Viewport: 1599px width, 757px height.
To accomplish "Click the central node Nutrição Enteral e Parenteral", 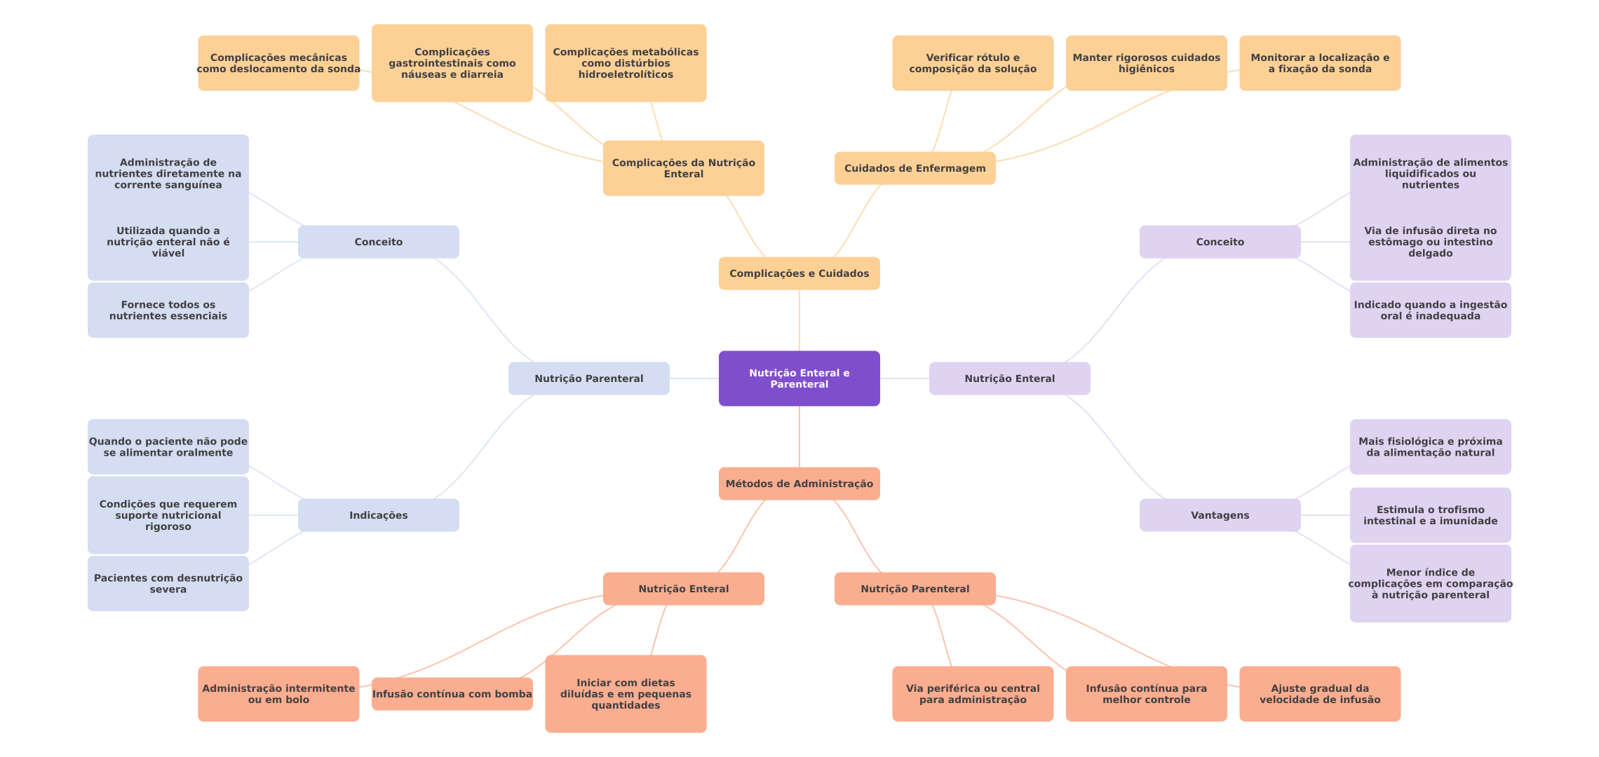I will tap(799, 378).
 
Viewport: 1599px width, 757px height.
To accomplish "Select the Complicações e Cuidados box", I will tap(799, 273).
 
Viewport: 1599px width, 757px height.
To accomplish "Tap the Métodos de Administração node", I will tap(799, 484).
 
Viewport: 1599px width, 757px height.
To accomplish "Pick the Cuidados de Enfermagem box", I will tap(915, 168).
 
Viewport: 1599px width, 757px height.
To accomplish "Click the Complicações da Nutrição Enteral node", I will tap(683, 168).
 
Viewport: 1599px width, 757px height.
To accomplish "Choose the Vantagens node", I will tap(1220, 515).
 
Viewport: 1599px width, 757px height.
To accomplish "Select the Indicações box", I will tap(378, 515).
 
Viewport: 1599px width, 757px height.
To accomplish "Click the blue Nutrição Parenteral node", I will tap(588, 378).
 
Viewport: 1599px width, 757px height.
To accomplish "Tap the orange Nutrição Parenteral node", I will tap(915, 589).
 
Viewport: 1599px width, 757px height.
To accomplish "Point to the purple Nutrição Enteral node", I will tap(1009, 378).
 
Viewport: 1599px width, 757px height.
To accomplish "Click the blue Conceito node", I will tap(378, 242).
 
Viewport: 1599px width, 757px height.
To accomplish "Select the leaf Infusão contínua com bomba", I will tap(452, 694).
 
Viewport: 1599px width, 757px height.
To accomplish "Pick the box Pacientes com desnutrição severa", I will tap(168, 583).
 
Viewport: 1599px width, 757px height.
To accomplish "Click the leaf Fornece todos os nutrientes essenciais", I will tap(168, 310).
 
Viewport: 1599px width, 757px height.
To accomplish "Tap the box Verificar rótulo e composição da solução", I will tap(972, 63).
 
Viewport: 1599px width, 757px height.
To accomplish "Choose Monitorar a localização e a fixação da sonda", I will tap(1319, 63).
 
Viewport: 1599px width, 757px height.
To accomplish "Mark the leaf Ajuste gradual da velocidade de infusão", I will tap(1319, 694).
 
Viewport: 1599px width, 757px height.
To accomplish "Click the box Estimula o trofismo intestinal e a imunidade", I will tap(1430, 515).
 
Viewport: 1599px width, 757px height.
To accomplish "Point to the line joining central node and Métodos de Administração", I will tap(799, 437).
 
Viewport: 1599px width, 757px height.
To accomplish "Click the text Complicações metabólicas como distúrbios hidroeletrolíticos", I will tap(626, 63).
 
